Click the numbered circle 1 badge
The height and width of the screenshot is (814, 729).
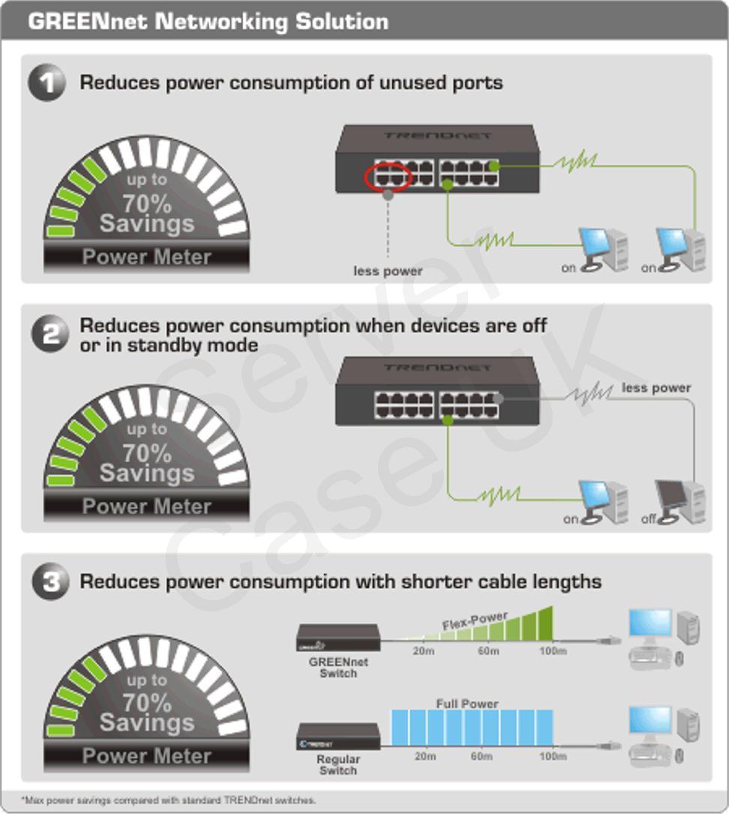click(46, 82)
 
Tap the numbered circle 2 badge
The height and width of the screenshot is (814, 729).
click(49, 334)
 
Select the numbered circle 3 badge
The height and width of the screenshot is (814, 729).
click(50, 581)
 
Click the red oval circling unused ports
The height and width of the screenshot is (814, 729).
click(388, 176)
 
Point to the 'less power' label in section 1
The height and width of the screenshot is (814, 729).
click(388, 271)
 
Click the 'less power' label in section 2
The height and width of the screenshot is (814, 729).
click(656, 388)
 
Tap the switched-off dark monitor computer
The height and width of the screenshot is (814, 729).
click(679, 501)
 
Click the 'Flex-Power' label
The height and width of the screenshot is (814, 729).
click(475, 620)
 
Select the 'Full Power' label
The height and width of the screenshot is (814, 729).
click(467, 704)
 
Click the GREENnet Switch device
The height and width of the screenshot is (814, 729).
click(338, 638)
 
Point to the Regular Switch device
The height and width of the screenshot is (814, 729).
click(338, 736)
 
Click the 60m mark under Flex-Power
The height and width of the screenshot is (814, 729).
click(488, 651)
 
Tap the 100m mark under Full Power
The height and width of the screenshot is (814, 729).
click(553, 756)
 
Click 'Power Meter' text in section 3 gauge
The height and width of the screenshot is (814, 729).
click(147, 756)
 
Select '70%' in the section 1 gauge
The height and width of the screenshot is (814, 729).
click(147, 203)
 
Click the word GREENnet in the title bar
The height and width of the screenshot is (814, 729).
click(87, 21)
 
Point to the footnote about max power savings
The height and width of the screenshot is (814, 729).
click(168, 800)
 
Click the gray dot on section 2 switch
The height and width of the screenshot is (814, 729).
click(498, 398)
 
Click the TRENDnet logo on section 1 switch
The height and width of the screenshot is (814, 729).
click(437, 136)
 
